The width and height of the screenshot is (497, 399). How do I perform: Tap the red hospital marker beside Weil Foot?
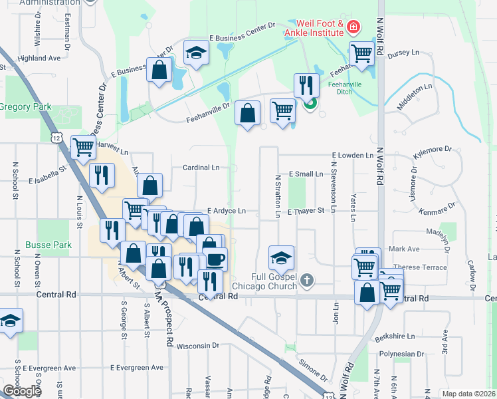point(354,27)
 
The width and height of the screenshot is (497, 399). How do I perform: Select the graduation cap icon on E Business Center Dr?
point(196,53)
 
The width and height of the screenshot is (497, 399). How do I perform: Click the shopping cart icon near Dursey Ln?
point(362,54)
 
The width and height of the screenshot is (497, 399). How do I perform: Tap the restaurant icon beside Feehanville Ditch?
point(306,84)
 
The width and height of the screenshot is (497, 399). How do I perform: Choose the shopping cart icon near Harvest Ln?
point(83,147)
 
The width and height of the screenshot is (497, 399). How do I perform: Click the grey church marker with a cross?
point(306,280)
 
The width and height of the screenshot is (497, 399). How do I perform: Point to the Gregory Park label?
point(25,106)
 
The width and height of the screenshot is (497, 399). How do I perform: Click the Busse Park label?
point(48,245)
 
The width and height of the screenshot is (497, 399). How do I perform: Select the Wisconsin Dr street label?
point(197,345)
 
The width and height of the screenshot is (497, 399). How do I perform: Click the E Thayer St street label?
point(305,211)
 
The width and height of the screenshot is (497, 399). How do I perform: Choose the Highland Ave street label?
point(39,58)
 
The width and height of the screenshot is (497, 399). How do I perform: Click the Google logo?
point(21,391)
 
